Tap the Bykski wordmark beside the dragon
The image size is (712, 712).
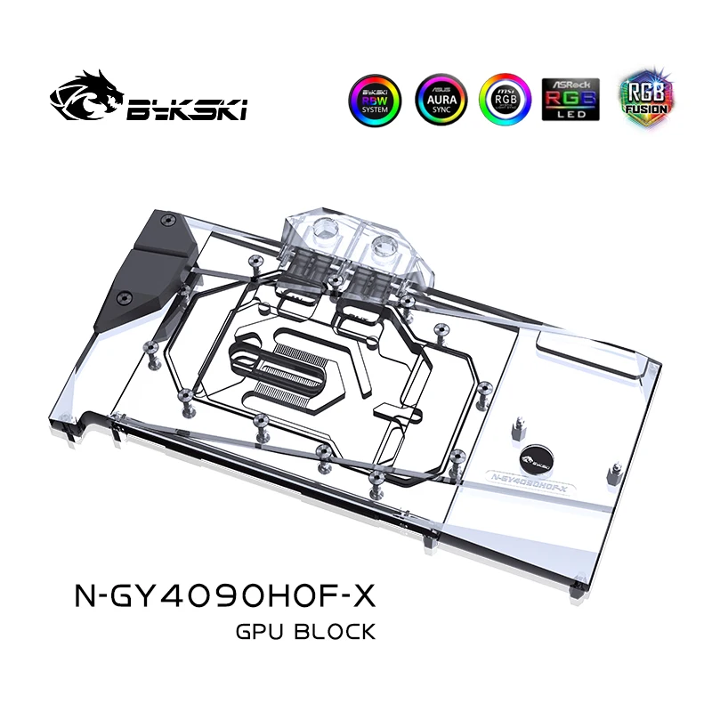click(187, 109)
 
